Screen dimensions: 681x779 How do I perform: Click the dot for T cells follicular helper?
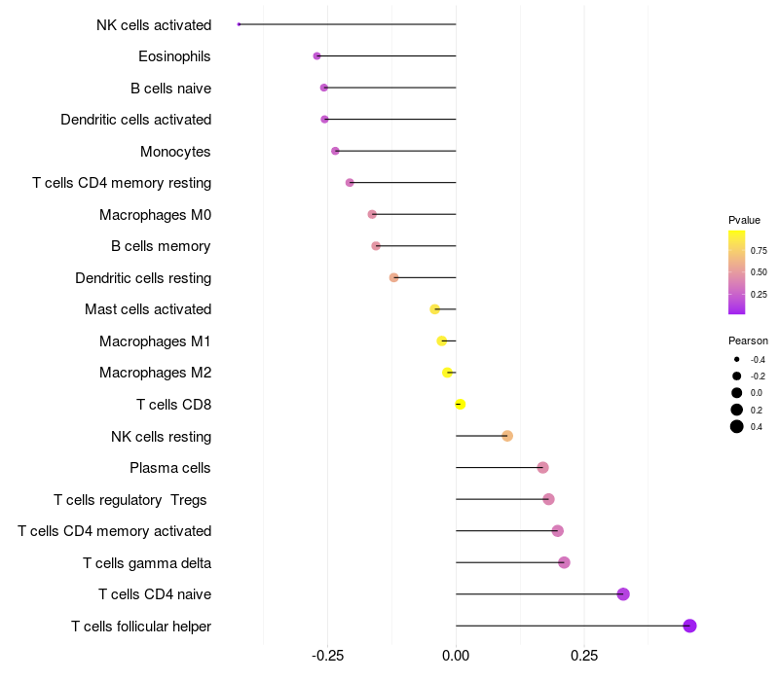pyautogui.click(x=689, y=626)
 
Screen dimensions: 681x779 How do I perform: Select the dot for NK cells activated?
pyautogui.click(x=239, y=24)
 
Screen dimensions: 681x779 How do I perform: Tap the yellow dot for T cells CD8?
pyautogui.click(x=460, y=405)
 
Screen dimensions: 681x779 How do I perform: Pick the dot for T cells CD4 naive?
pyautogui.click(x=623, y=594)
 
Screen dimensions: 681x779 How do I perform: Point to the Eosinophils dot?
pyautogui.click(x=316, y=56)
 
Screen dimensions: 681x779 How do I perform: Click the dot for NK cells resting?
pyautogui.click(x=507, y=436)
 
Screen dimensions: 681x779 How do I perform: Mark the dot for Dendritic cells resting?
pyautogui.click(x=393, y=277)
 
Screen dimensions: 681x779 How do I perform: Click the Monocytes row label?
pyautogui.click(x=175, y=152)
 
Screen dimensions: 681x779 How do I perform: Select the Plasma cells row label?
pyautogui.click(x=170, y=468)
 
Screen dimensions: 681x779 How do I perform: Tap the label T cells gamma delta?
pyautogui.click(x=147, y=562)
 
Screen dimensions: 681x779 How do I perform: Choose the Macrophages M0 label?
pyautogui.click(x=155, y=215)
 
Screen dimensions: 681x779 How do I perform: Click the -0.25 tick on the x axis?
pyautogui.click(x=326, y=657)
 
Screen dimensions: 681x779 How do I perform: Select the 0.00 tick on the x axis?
pyautogui.click(x=456, y=657)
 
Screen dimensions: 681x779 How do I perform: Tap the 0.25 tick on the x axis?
pyautogui.click(x=584, y=657)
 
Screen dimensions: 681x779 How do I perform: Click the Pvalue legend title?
pyautogui.click(x=744, y=220)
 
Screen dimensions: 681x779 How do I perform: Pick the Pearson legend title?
pyautogui.click(x=748, y=340)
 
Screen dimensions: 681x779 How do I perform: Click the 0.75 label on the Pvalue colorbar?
pyautogui.click(x=759, y=250)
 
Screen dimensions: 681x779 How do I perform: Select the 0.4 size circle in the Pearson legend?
pyautogui.click(x=737, y=426)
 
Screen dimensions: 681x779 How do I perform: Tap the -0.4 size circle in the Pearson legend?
pyautogui.click(x=737, y=359)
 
